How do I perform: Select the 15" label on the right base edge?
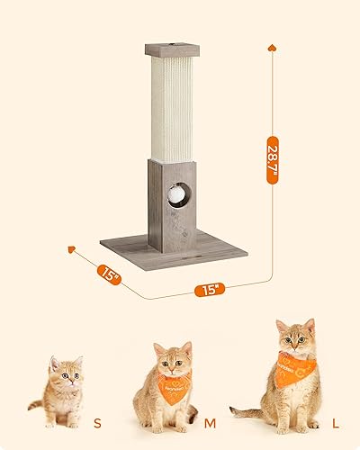(x=208, y=290)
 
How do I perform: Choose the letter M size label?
(x=210, y=419)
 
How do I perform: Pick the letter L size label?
(x=334, y=419)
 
